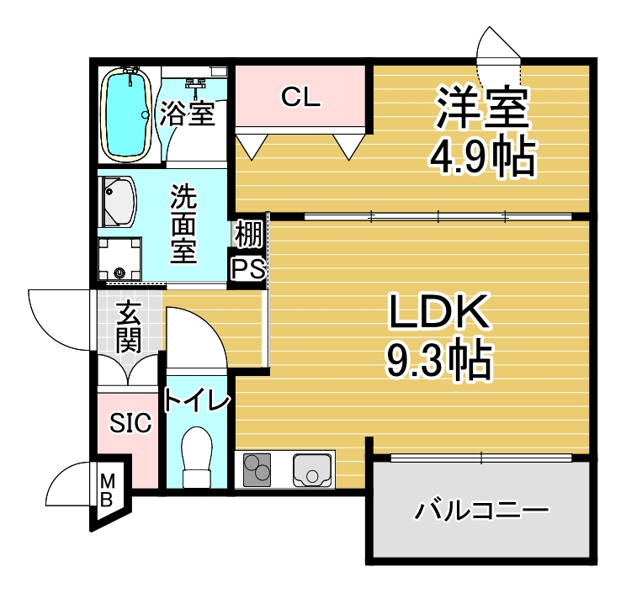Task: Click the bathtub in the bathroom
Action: [x=126, y=114]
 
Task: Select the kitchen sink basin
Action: [x=312, y=470]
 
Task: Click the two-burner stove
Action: [x=257, y=470]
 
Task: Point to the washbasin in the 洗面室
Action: [x=119, y=202]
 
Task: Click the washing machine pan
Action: [x=119, y=259]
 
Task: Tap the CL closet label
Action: [x=300, y=97]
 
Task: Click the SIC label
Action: [x=130, y=423]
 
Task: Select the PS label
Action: [x=248, y=269]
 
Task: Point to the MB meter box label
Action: [x=107, y=490]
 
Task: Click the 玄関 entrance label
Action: [x=128, y=327]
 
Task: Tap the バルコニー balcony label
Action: [x=482, y=511]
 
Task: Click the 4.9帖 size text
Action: [x=482, y=158]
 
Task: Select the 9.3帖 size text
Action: [x=438, y=360]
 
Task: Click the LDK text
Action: [x=438, y=310]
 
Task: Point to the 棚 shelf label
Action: [x=248, y=234]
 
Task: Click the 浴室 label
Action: [x=188, y=114]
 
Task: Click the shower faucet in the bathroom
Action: [x=195, y=85]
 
